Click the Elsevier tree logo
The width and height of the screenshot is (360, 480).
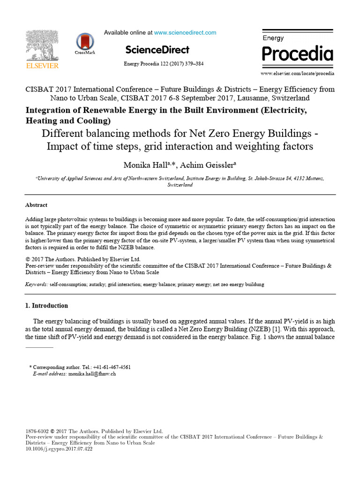point(42,45)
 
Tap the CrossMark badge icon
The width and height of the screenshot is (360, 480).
point(85,42)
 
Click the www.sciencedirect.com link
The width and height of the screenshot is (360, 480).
point(185,33)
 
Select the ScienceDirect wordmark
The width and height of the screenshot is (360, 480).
point(157,50)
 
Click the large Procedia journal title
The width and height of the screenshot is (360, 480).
point(297,54)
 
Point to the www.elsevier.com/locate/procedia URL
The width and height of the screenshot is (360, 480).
point(297,74)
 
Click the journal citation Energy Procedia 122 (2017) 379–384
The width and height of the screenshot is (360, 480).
point(164,64)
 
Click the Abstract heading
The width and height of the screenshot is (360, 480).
point(36,205)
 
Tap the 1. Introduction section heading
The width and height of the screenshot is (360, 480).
point(46,306)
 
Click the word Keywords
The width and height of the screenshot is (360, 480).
point(36,285)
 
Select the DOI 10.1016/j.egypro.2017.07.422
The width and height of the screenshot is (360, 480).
point(59,449)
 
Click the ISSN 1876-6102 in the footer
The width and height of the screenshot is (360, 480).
point(36,431)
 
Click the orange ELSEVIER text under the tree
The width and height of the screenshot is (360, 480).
point(42,66)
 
